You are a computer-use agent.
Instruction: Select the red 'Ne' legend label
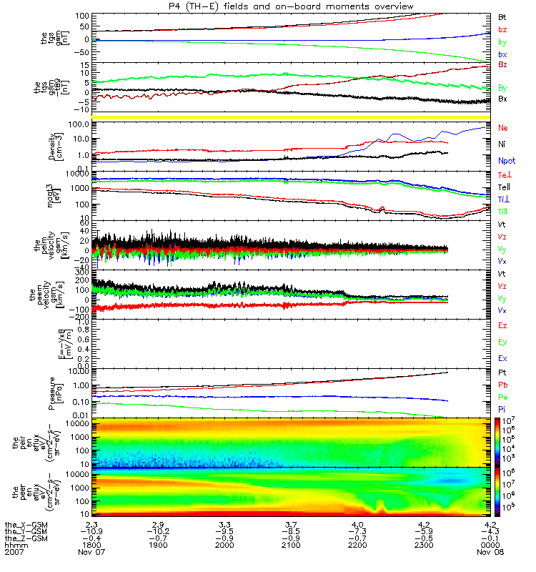pos(503,127)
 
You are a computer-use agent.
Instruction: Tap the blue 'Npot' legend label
pos(505,162)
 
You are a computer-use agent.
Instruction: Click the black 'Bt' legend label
pos(502,16)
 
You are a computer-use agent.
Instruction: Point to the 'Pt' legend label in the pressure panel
pos(502,373)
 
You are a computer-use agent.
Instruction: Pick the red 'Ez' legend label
pos(502,325)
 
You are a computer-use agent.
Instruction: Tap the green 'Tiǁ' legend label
pos(503,212)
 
